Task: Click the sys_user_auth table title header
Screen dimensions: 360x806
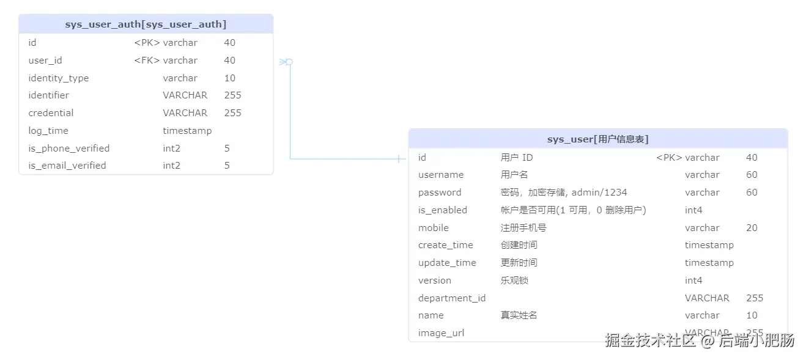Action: [146, 24]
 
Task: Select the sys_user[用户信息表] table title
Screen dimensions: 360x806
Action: [597, 139]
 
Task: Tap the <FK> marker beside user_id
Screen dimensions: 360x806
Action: [147, 61]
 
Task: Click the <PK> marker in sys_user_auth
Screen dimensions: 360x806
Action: [147, 43]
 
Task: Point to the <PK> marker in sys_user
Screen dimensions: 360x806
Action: [669, 158]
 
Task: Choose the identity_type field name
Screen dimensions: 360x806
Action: [59, 78]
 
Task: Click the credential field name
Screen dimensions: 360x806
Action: [51, 113]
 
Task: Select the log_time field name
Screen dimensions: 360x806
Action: [48, 131]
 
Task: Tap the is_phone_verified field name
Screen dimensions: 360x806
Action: [69, 149]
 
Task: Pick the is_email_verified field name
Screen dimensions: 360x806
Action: [67, 166]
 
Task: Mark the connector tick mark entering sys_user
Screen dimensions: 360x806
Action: [399, 159]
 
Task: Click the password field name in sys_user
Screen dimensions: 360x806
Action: [440, 193]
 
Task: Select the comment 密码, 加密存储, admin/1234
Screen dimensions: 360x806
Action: [564, 193]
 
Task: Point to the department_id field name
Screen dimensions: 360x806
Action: [452, 298]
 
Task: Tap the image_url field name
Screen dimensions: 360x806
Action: [441, 333]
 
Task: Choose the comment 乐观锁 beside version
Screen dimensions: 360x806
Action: [514, 281]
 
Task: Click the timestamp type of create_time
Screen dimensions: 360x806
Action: [709, 245]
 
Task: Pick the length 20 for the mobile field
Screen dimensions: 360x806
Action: [752, 228]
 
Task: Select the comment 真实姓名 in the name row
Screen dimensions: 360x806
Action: [519, 315]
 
